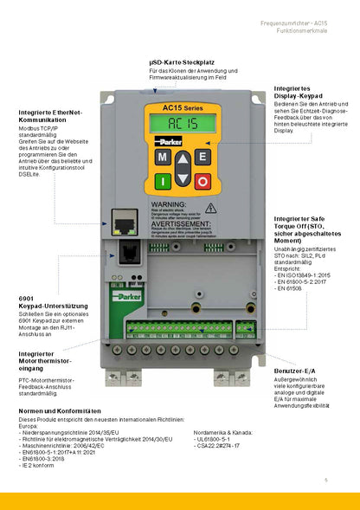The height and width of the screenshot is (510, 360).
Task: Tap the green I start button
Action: tap(162, 180)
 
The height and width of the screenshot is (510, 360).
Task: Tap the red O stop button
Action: tap(202, 180)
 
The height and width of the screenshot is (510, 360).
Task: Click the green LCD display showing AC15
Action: tap(182, 123)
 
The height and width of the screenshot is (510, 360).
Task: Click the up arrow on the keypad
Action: tap(183, 158)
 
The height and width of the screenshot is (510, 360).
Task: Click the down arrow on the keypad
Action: tap(183, 180)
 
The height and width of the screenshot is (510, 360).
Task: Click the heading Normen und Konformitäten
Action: tap(61, 410)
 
